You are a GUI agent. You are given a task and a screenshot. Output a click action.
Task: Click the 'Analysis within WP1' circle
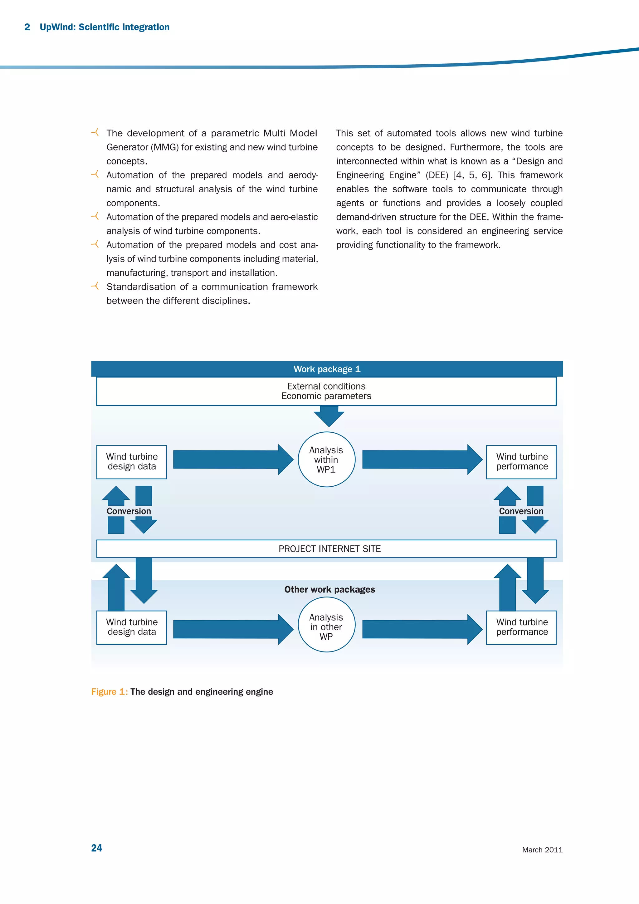click(326, 459)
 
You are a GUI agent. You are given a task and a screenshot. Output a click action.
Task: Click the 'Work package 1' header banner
click(327, 369)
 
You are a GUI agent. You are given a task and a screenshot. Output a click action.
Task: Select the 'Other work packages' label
click(329, 589)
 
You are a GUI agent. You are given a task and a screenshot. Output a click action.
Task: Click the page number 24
click(96, 848)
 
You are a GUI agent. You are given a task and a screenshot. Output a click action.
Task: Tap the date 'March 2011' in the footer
click(542, 850)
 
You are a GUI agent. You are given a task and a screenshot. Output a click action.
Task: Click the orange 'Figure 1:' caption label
click(110, 692)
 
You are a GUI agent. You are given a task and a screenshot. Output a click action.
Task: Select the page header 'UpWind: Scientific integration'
click(104, 27)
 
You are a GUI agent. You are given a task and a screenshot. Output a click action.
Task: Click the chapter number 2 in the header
click(27, 27)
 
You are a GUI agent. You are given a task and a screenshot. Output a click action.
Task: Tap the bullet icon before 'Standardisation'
click(95, 286)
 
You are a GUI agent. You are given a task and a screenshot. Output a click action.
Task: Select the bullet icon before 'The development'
click(95, 133)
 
